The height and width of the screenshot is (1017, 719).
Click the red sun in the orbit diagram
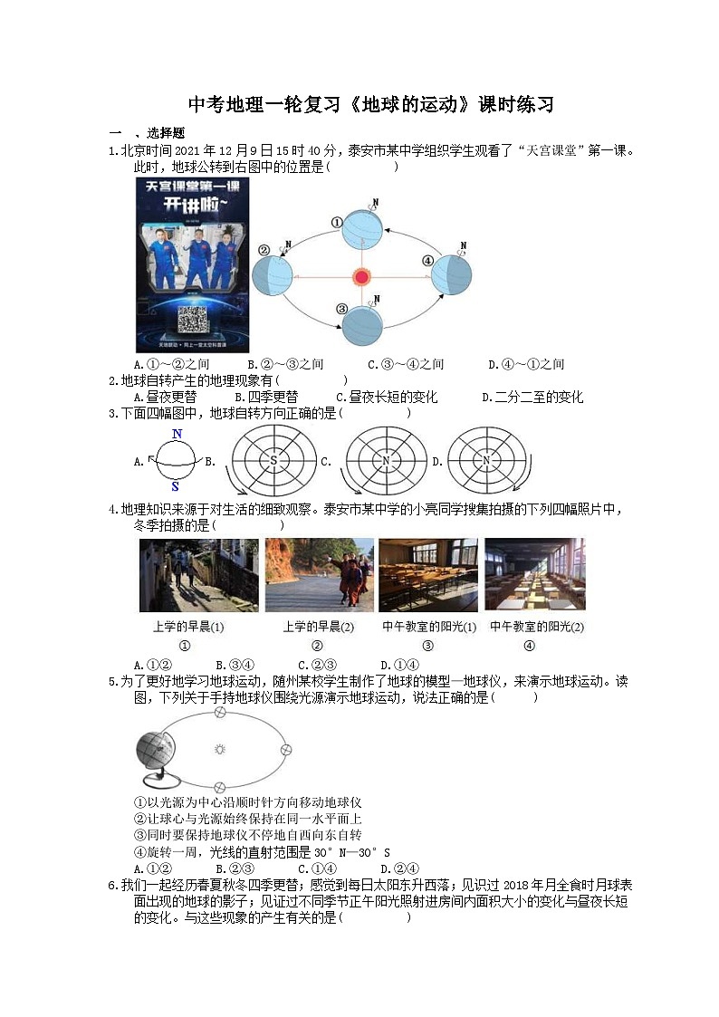362,276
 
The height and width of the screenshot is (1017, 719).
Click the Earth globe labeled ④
451,273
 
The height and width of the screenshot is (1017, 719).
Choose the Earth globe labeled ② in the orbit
273,275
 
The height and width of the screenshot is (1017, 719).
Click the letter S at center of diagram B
273,462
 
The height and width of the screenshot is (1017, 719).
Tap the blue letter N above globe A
177,434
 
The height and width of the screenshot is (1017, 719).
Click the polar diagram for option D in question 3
486,461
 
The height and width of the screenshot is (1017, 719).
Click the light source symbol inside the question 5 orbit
218,749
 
